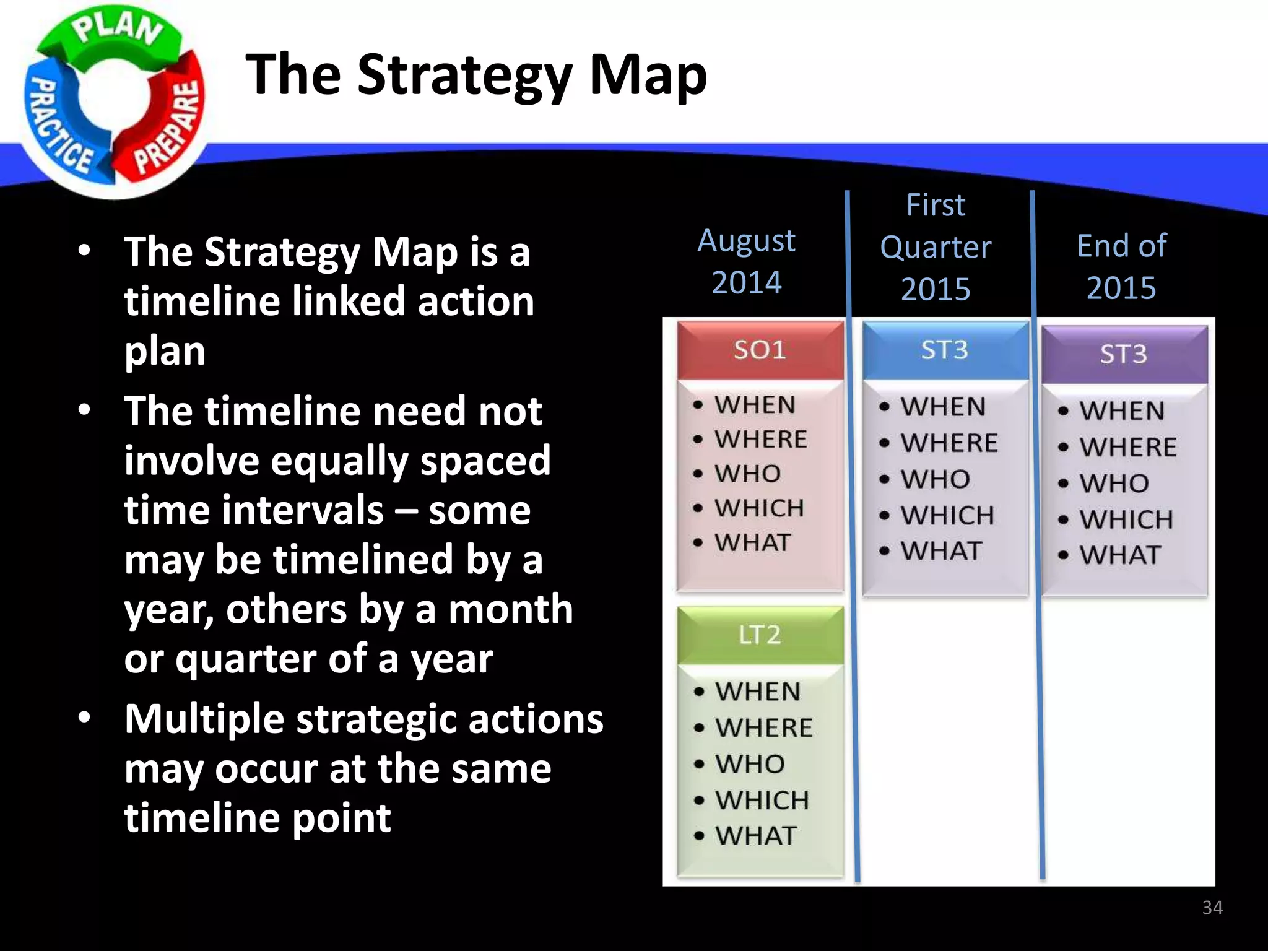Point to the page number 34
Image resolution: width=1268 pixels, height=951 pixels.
(1212, 908)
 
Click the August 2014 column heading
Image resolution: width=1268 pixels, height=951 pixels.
(746, 261)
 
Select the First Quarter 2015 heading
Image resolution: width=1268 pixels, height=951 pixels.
(936, 247)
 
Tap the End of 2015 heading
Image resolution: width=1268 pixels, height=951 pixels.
(1121, 266)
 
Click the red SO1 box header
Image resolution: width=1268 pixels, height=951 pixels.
(760, 350)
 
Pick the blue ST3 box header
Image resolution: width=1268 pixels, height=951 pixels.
(944, 350)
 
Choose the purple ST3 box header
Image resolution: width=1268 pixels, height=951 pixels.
(1123, 354)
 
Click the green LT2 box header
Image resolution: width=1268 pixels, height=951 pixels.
(760, 635)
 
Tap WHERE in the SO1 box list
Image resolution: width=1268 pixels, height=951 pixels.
(761, 439)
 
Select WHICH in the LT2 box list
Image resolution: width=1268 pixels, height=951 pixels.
(762, 801)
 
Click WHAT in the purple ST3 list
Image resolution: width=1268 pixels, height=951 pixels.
(1119, 555)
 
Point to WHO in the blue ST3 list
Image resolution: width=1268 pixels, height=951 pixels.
(935, 479)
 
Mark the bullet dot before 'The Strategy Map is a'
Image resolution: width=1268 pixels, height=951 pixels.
(85, 251)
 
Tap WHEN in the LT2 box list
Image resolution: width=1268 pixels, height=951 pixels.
(758, 692)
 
